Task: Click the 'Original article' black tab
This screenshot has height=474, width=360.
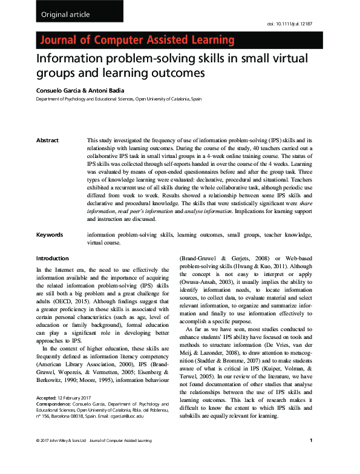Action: (x=65, y=14)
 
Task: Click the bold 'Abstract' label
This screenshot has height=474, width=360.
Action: (x=48, y=140)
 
